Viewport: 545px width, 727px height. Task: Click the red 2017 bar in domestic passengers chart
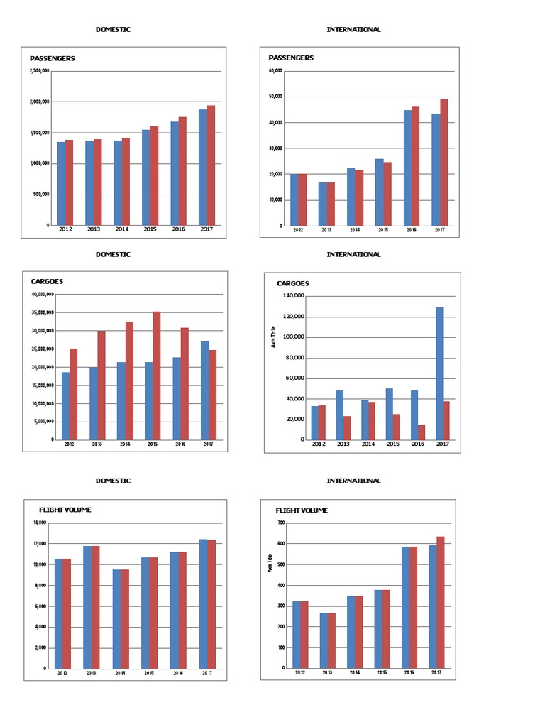pos(211,165)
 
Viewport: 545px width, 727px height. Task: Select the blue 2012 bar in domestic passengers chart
pos(61,183)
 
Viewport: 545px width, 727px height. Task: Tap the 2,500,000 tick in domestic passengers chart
pos(39,71)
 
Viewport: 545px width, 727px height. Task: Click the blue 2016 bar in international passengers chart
pos(407,168)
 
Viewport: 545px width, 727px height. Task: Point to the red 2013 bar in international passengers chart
pos(330,204)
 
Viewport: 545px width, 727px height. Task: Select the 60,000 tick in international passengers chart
pos(275,71)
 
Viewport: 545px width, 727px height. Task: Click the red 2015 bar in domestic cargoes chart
pos(157,375)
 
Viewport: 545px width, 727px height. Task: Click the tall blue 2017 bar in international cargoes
pos(439,373)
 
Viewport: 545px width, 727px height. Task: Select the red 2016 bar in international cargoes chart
pos(422,432)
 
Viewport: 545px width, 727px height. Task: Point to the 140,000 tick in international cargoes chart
pos(294,295)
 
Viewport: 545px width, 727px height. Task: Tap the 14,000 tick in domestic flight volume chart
pos(40,523)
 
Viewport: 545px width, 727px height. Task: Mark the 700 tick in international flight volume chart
pos(281,523)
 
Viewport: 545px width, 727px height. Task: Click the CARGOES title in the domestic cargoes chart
pos(46,282)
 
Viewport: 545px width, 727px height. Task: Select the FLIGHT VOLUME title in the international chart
pos(302,510)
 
